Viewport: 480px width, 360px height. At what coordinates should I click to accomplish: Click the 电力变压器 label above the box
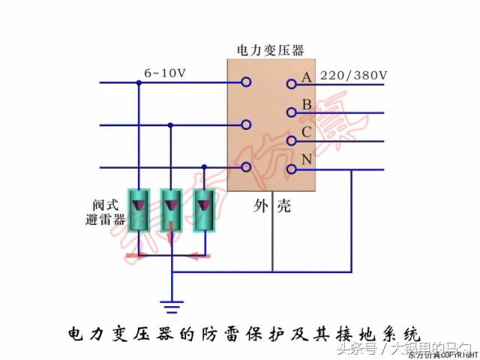(271, 51)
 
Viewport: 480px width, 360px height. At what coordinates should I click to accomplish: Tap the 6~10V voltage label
(166, 73)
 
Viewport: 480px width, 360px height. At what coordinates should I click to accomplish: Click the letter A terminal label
(306, 77)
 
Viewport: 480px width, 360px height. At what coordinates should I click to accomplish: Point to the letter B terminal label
(306, 105)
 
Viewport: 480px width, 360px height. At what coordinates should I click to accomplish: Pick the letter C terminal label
(306, 133)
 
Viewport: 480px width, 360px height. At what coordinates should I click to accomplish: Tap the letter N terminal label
(306, 160)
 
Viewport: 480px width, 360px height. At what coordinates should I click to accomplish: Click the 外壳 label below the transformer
(272, 208)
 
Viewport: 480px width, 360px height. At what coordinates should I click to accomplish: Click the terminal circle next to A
(290, 84)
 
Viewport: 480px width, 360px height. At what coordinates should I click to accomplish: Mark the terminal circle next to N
(290, 168)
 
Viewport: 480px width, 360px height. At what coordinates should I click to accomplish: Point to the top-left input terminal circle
(245, 82)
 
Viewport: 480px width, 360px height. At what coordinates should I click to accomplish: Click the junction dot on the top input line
(139, 82)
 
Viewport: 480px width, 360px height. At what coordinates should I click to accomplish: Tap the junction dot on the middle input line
(171, 125)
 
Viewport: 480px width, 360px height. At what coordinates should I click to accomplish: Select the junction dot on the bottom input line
(203, 167)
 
